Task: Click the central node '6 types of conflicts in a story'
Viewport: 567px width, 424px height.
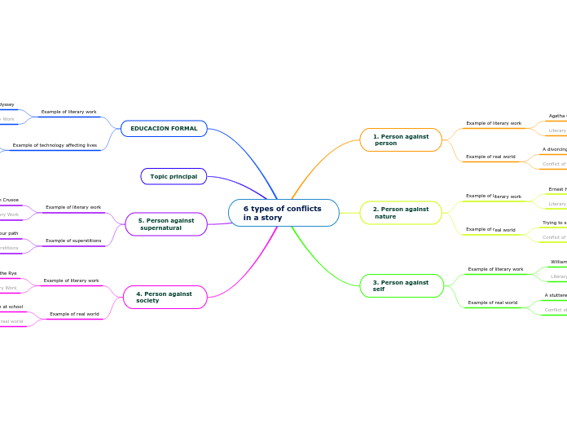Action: pyautogui.click(x=283, y=213)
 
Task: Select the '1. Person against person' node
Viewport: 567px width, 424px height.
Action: pyautogui.click(x=401, y=140)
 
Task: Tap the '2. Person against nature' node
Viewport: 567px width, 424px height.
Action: pyautogui.click(x=401, y=213)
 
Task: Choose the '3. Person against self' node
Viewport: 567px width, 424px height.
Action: pyautogui.click(x=402, y=286)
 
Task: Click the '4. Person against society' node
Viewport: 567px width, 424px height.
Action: pyautogui.click(x=165, y=297)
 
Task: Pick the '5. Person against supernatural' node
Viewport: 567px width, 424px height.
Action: pyautogui.click(x=166, y=223)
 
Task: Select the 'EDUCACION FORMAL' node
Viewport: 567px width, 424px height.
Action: pyautogui.click(x=164, y=129)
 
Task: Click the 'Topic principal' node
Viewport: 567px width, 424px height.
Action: pyautogui.click(x=174, y=176)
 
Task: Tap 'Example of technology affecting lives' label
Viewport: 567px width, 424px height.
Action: pyautogui.click(x=55, y=145)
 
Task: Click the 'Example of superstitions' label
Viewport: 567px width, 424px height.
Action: pyautogui.click(x=73, y=241)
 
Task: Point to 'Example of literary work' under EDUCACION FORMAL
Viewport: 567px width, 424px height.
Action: pyautogui.click(x=68, y=112)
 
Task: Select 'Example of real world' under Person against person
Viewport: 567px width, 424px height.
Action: pyautogui.click(x=490, y=157)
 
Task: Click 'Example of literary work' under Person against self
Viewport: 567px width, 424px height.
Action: pyautogui.click(x=495, y=269)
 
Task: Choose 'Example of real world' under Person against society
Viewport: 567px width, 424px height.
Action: pyautogui.click(x=74, y=314)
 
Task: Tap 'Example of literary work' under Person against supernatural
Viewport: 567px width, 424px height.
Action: pyautogui.click(x=73, y=207)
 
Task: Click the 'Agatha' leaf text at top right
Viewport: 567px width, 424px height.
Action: pyautogui.click(x=558, y=116)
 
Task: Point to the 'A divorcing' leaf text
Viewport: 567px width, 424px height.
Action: pyautogui.click(x=555, y=149)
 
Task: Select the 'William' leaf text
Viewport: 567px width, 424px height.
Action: pyautogui.click(x=558, y=262)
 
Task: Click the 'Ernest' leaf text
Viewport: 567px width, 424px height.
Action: pyautogui.click(x=557, y=189)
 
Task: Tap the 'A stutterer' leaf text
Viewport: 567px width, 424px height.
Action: pyautogui.click(x=556, y=295)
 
